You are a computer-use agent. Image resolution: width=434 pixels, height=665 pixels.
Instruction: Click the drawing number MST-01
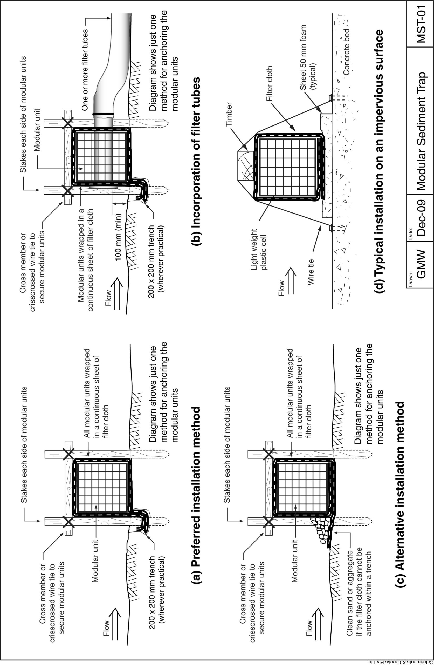tap(421, 23)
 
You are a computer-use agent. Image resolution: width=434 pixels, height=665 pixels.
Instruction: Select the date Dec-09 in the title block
tap(421, 218)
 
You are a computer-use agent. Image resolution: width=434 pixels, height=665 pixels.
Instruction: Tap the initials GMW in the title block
tap(421, 264)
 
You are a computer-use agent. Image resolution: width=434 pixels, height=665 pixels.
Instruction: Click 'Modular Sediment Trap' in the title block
tap(421, 131)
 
